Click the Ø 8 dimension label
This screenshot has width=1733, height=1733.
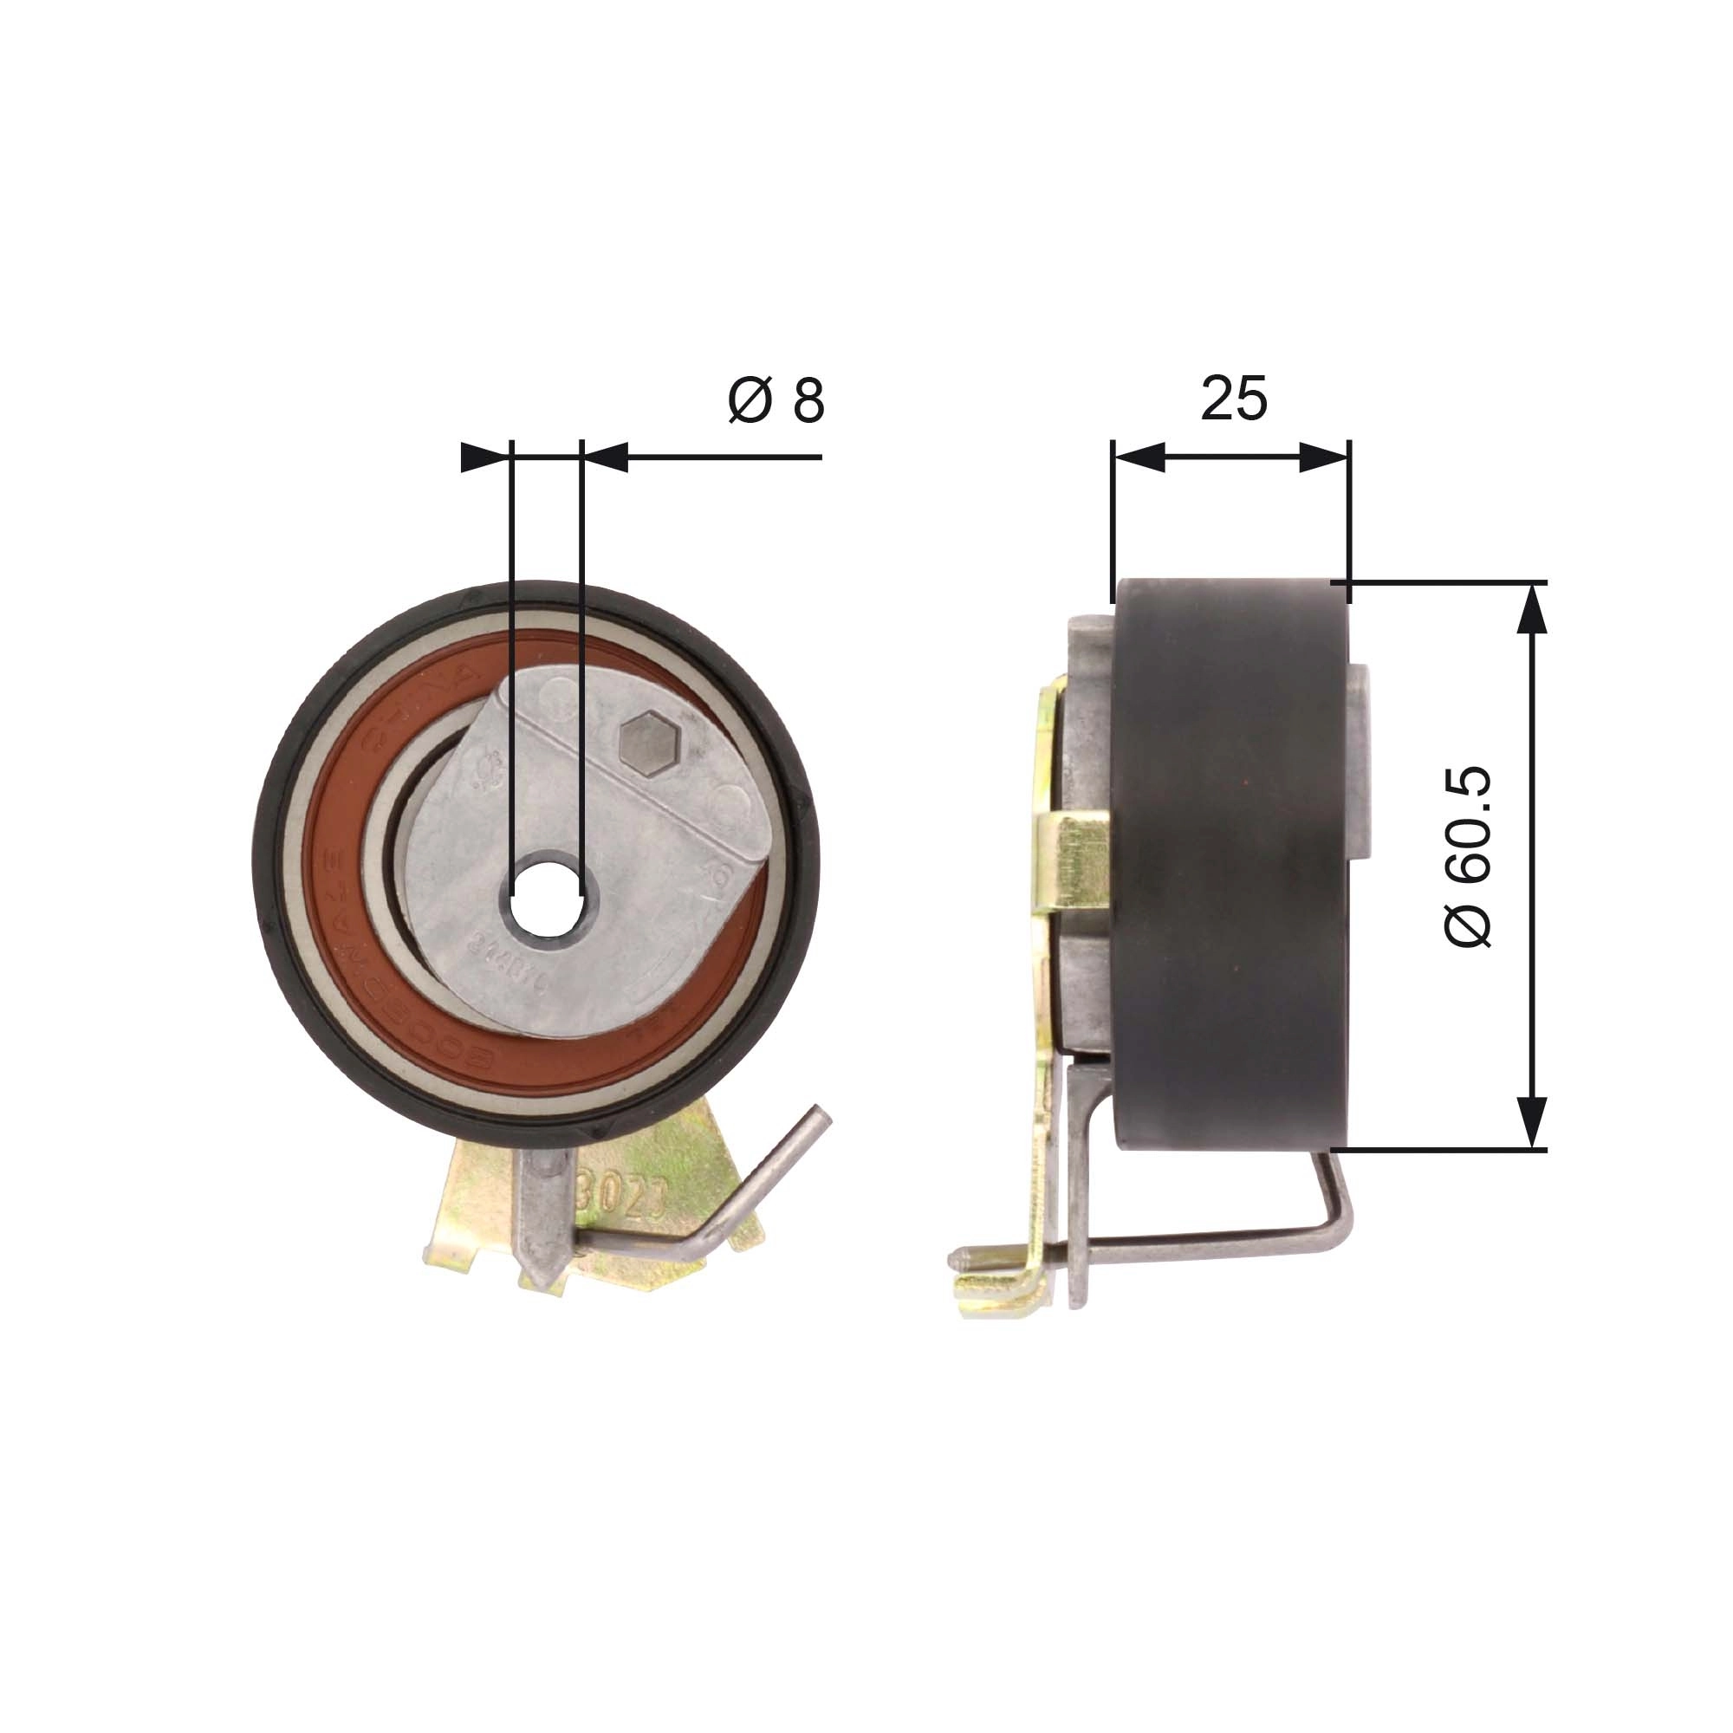point(776,401)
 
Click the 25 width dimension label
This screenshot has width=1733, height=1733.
point(1233,399)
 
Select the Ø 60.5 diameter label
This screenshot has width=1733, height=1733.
point(1470,857)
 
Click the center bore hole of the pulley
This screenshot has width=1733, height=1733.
point(546,896)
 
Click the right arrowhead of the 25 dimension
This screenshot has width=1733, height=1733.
point(1324,458)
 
